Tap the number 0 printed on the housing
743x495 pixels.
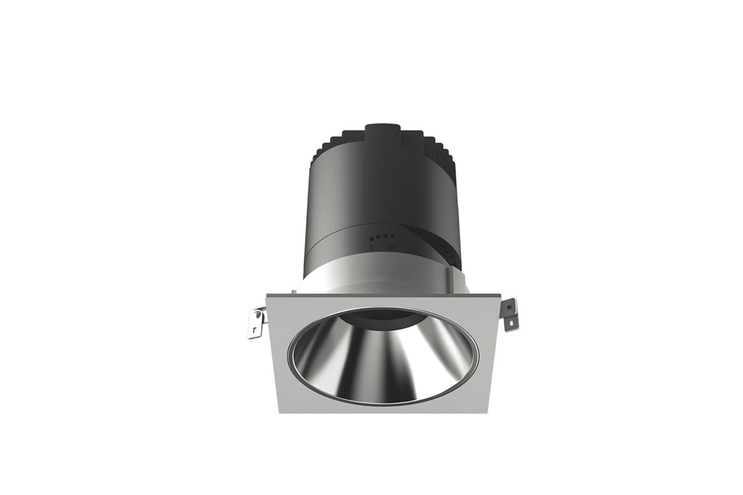click(x=372, y=247)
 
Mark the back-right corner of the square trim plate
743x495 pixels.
click(x=501, y=294)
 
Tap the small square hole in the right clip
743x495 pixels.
click(x=513, y=320)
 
